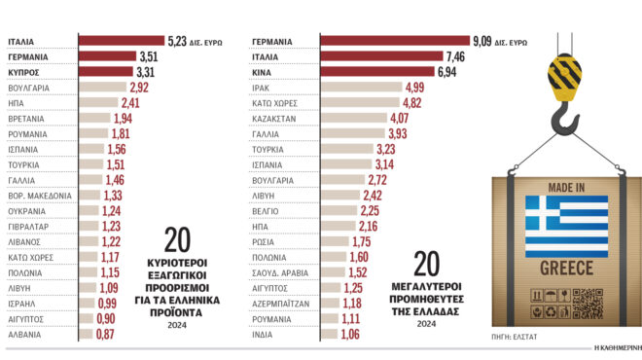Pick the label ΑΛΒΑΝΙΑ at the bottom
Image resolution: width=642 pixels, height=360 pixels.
coord(26,334)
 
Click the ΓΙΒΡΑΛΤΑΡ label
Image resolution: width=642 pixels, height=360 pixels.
coord(30,226)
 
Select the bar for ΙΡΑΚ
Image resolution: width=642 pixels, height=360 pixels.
coord(361,88)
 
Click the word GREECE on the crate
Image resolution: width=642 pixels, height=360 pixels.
coord(565,267)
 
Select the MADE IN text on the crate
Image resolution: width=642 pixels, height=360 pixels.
coord(565,186)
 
